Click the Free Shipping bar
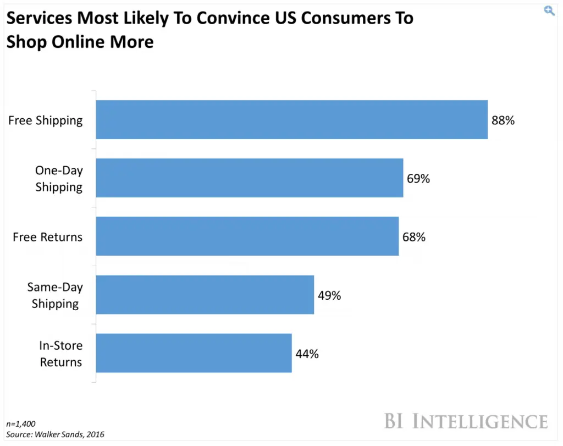point(291,119)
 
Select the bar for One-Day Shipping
point(250,178)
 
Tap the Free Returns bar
point(247,236)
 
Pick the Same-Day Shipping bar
point(205,295)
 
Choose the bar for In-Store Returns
point(194,353)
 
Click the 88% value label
point(503,120)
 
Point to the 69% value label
point(418,179)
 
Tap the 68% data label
point(413,237)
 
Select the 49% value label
point(329,295)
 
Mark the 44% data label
point(307,354)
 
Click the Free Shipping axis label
point(46,120)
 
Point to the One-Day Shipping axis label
point(59,179)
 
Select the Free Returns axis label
point(47,237)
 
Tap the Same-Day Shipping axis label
point(55,295)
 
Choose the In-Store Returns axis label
point(60,354)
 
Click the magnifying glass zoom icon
point(549,11)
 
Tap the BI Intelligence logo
point(466,421)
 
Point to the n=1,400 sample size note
point(21,424)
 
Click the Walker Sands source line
point(55,434)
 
